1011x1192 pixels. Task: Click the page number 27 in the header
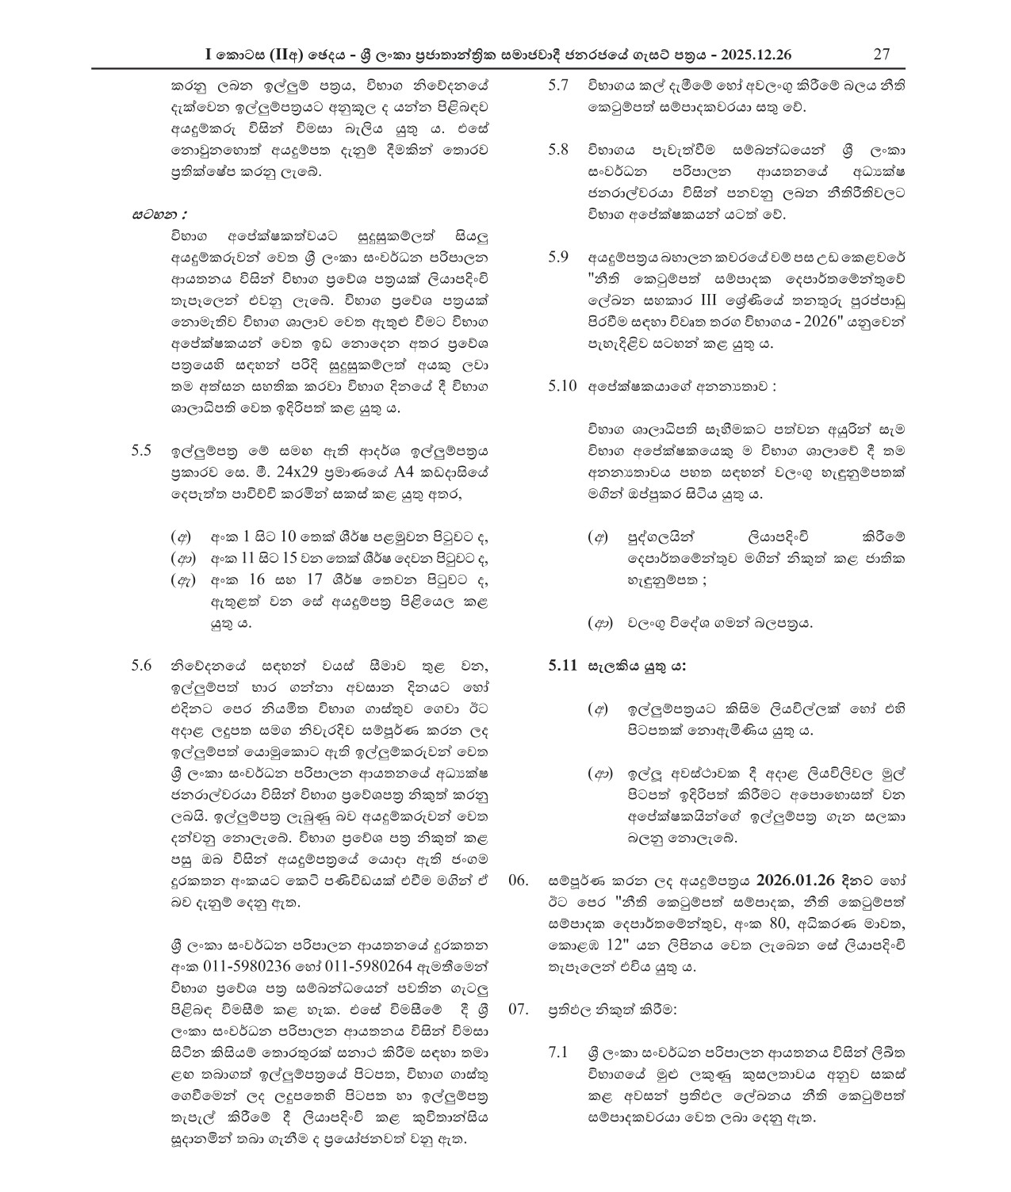point(881,54)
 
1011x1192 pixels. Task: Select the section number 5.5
point(141,451)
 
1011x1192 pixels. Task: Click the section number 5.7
point(558,86)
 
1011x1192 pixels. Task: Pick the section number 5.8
point(558,150)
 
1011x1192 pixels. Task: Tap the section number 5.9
point(558,258)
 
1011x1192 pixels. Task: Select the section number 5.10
point(562,388)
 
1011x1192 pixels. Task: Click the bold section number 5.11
point(563,666)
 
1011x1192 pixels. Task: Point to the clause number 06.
point(517,881)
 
